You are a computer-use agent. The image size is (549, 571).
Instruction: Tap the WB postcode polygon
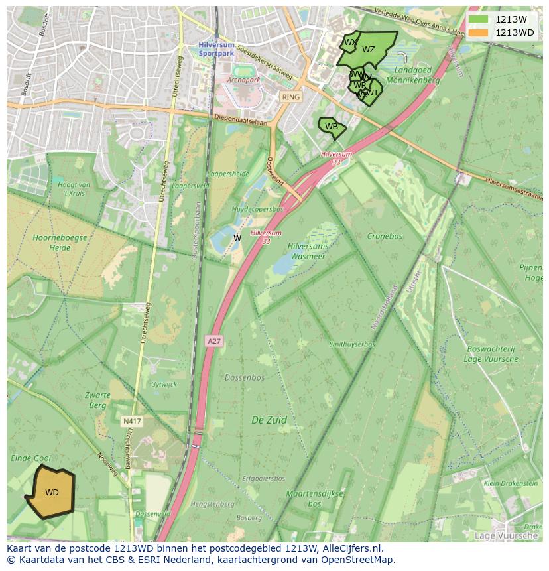coord(331,127)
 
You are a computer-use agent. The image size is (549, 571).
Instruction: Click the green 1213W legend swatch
coord(478,19)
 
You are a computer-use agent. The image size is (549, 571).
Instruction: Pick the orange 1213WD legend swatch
coord(478,32)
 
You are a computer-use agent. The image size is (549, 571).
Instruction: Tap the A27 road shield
coord(213,341)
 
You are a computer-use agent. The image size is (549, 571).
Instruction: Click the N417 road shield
coord(131,421)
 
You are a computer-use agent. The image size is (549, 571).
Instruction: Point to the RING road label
coord(290,97)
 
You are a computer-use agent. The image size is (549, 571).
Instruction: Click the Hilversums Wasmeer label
coord(308,251)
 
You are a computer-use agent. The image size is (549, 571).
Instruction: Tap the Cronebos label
coord(385,236)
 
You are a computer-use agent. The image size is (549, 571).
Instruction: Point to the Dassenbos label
coord(244,377)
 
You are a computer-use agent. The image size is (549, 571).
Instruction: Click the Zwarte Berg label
coord(97,400)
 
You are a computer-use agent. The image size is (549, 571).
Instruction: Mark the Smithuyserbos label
coord(352,344)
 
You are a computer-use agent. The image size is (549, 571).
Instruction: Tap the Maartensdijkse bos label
coord(314,499)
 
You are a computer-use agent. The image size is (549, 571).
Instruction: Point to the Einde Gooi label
coord(30,458)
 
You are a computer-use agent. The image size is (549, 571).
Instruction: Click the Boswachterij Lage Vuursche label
coord(492,353)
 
